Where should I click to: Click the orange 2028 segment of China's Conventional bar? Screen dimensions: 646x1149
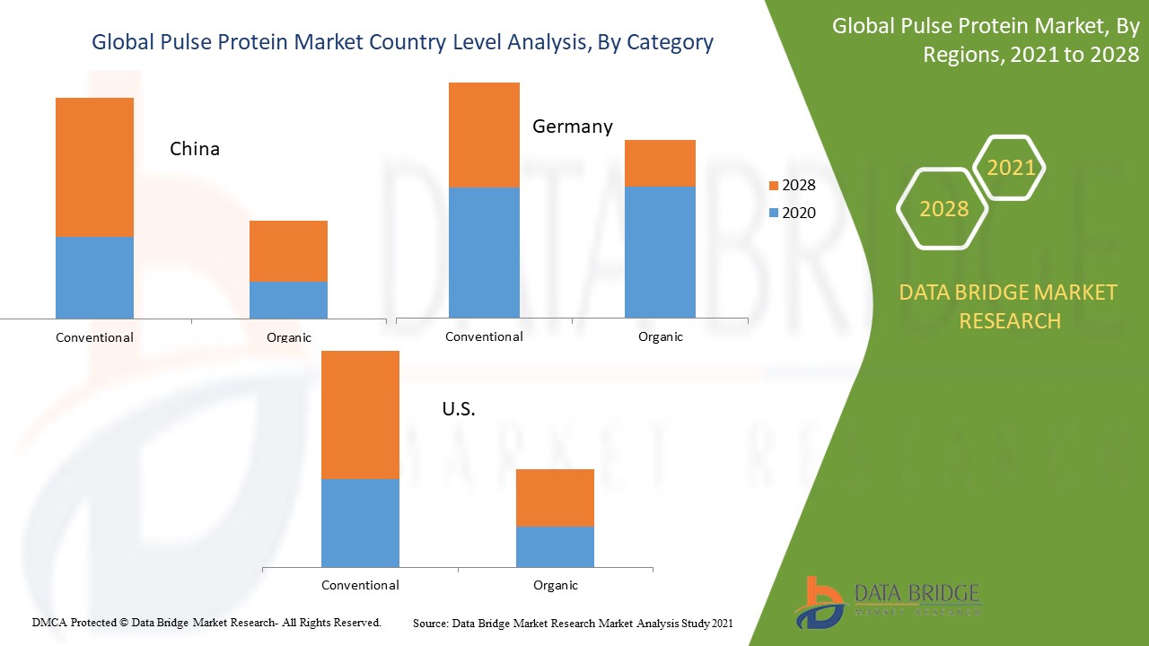(x=94, y=167)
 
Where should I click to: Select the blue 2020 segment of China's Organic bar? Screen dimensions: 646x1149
(x=288, y=300)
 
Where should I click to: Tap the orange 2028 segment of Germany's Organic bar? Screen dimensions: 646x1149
(x=660, y=163)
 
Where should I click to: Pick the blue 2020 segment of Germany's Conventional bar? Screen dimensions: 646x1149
(x=484, y=252)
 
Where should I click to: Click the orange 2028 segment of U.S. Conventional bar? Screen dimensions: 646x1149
(x=360, y=415)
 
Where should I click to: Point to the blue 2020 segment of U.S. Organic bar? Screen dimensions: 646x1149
(x=555, y=546)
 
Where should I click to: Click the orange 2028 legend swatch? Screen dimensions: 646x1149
(x=774, y=186)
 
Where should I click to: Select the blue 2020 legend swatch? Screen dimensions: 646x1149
(x=774, y=214)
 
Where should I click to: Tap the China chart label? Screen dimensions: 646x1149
(x=195, y=149)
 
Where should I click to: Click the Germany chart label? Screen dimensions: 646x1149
(x=573, y=127)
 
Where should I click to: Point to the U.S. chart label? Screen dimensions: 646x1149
(x=459, y=409)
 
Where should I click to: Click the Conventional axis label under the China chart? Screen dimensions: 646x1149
(x=94, y=338)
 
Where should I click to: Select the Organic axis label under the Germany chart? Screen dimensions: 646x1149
(x=661, y=336)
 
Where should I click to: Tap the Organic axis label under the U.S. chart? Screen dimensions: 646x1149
(x=556, y=585)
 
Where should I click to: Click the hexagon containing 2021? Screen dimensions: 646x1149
(x=1010, y=168)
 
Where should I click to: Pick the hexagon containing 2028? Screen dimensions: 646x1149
(x=943, y=209)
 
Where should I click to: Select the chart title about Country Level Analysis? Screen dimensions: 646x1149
(x=402, y=42)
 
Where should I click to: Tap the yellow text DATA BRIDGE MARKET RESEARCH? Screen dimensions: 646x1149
(x=1010, y=306)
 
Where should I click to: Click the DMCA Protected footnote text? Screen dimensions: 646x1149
(x=206, y=622)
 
